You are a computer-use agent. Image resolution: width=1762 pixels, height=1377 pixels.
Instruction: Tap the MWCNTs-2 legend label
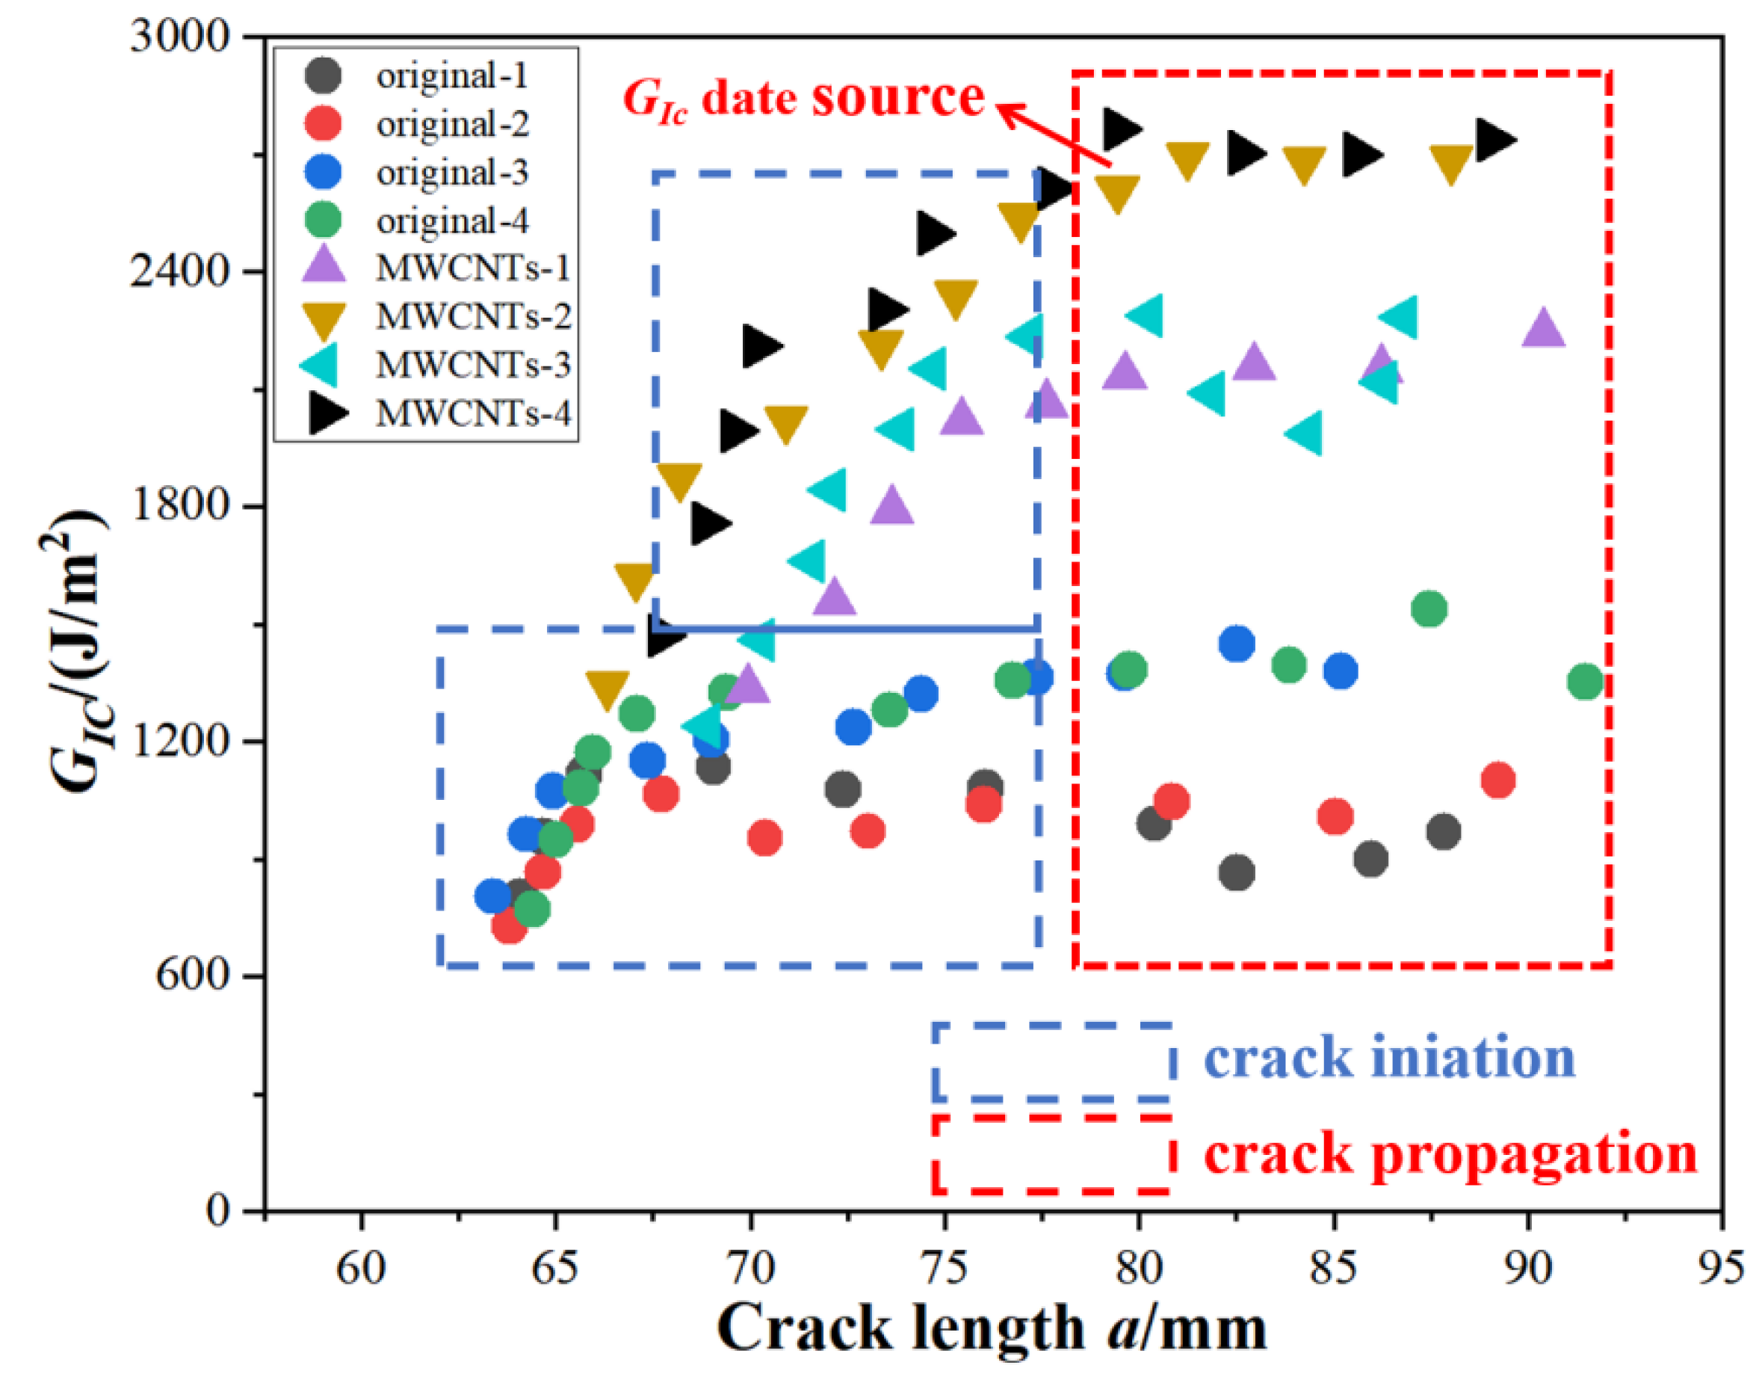(x=473, y=317)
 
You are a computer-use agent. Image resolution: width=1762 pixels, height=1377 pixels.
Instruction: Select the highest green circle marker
(x=1429, y=609)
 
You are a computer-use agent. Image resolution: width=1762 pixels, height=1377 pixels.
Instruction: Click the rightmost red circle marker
(x=1498, y=780)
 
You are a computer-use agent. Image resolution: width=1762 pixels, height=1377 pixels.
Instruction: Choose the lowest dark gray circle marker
(x=1237, y=872)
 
